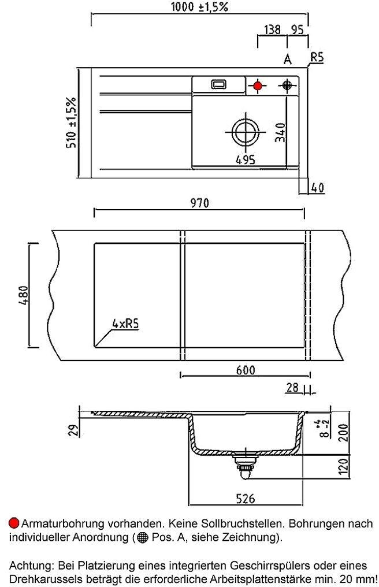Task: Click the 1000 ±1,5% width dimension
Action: [x=200, y=8]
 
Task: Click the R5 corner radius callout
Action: [x=317, y=57]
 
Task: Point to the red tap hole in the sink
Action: [x=258, y=86]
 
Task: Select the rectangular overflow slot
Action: [x=219, y=84]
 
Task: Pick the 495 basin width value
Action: [x=246, y=159]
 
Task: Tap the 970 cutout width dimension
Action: [x=199, y=203]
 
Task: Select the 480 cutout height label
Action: [x=22, y=296]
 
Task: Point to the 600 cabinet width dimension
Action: [x=245, y=370]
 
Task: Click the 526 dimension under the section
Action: [x=246, y=498]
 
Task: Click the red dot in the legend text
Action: [x=14, y=523]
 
